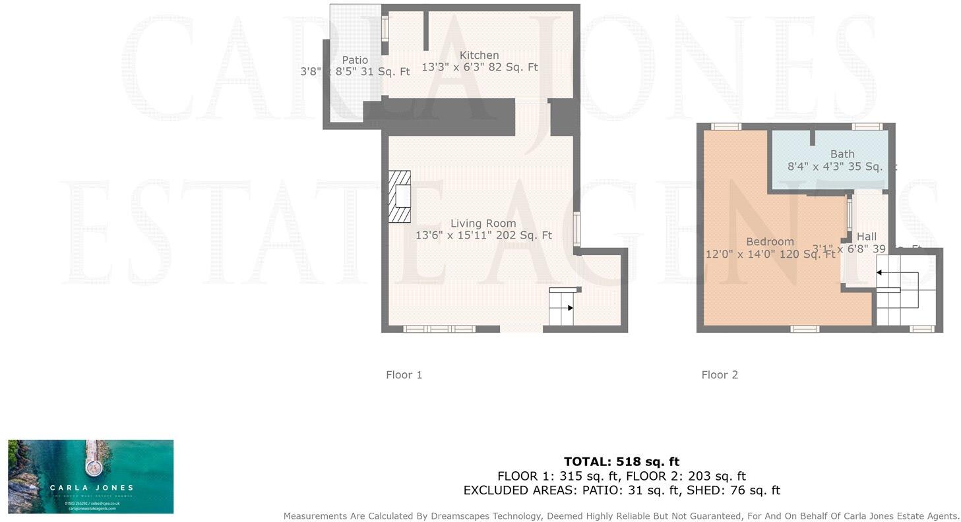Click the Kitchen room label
(479, 55)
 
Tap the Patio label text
(355, 60)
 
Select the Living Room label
(483, 223)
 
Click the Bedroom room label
(770, 242)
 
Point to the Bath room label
(842, 154)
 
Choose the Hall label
(866, 237)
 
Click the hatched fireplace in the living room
(400, 196)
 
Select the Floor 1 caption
(404, 375)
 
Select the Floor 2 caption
(720, 375)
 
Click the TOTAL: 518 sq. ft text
(621, 462)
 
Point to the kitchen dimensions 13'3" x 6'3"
(480, 67)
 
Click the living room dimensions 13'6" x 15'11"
(483, 235)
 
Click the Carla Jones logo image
(91, 477)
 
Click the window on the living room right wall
(576, 229)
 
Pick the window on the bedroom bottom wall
(804, 329)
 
